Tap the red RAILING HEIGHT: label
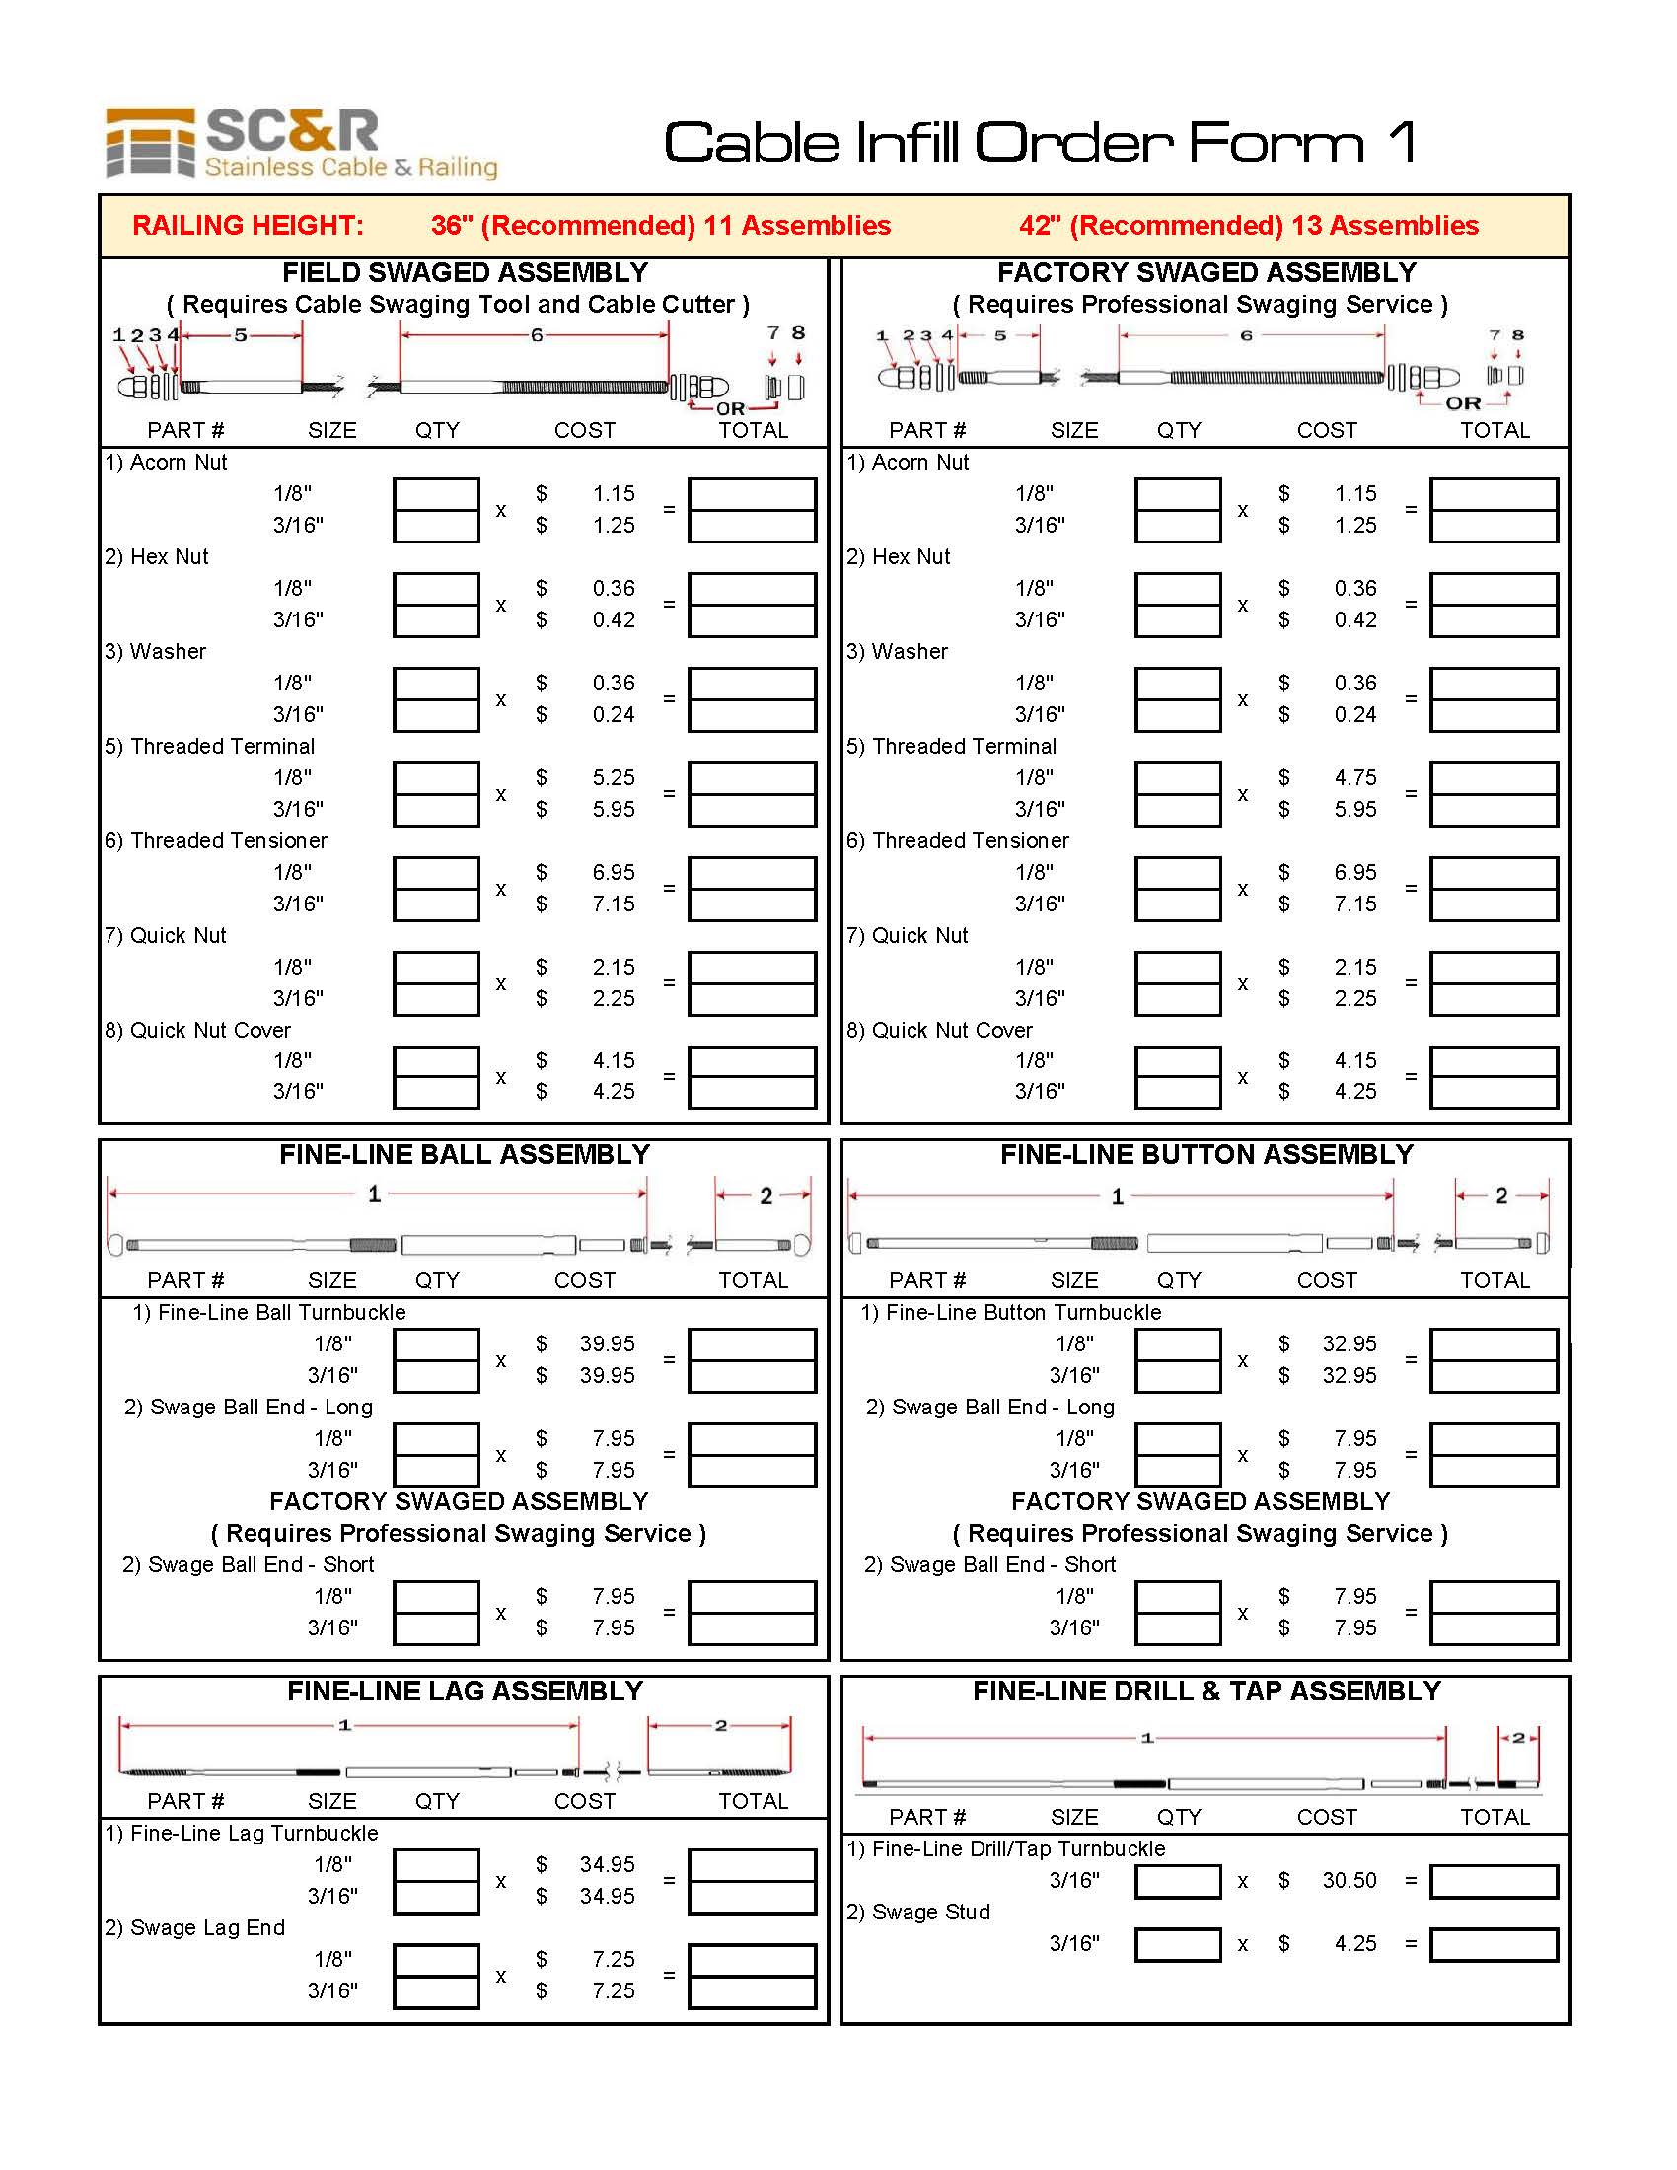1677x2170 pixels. coord(248,226)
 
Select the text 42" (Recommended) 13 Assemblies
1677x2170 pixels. coord(1248,226)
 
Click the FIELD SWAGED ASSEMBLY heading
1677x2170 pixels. coord(465,272)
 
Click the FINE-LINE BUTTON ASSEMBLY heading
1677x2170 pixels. coord(1206,1155)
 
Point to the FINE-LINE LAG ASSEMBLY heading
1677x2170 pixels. coord(465,1691)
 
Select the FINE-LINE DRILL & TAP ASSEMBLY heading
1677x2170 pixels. coord(1206,1691)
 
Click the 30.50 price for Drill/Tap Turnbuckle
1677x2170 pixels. coord(1349,1880)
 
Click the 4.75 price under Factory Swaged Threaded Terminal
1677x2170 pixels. coord(1354,777)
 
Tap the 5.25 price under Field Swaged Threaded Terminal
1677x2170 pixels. coord(613,777)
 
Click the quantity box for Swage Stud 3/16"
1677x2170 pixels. coord(1177,1943)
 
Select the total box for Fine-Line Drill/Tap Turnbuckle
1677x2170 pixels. coord(1494,1880)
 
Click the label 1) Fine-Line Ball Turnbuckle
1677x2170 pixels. coord(269,1312)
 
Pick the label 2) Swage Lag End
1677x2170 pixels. coord(194,1927)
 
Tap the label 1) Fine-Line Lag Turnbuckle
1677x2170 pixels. coord(242,1834)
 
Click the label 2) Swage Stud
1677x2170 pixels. coord(918,1912)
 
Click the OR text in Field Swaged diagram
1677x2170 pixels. coord(730,408)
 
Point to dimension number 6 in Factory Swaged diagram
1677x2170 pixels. coord(1246,335)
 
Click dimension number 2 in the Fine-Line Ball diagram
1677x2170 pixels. coord(766,1195)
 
